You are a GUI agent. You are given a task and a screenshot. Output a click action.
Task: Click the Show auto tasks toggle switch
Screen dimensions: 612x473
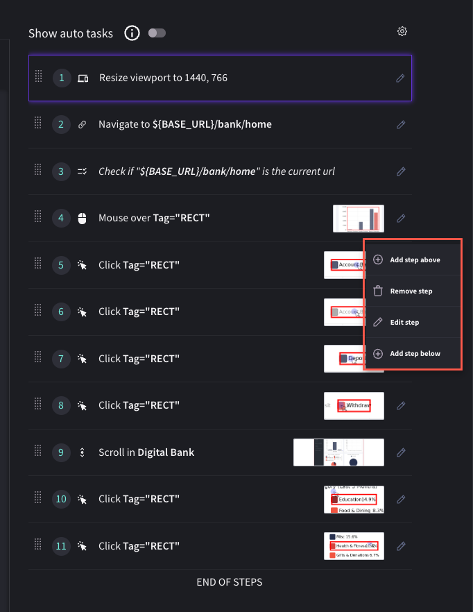click(x=157, y=33)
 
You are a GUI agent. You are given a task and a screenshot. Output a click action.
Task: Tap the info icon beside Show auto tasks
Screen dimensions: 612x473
click(x=132, y=33)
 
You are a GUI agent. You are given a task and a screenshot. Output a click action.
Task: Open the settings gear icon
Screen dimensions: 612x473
click(x=402, y=31)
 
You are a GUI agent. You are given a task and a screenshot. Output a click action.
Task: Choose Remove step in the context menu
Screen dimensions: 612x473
click(x=411, y=291)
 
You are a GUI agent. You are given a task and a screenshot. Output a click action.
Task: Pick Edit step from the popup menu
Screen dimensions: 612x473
click(x=404, y=322)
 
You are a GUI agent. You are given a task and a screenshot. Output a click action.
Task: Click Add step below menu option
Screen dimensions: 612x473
click(x=414, y=353)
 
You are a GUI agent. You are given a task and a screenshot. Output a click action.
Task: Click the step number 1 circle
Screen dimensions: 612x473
click(x=61, y=78)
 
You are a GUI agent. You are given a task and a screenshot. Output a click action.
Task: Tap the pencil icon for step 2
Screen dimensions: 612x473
click(x=400, y=125)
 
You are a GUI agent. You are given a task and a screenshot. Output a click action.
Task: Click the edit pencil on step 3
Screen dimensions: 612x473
click(x=400, y=171)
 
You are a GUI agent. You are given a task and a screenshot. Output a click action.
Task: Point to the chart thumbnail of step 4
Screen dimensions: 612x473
click(x=358, y=218)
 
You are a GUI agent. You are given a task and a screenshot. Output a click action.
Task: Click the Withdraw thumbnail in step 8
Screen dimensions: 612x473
click(x=354, y=405)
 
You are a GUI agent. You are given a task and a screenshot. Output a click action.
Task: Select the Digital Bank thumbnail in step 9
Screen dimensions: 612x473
click(x=338, y=452)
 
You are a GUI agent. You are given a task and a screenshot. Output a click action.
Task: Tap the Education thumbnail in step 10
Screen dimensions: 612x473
click(x=354, y=499)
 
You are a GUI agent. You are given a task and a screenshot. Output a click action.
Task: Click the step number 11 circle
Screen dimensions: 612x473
click(x=61, y=546)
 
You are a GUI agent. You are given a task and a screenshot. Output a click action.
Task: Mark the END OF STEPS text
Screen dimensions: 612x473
click(x=230, y=582)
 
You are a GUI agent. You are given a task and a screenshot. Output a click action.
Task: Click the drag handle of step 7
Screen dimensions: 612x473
click(x=38, y=357)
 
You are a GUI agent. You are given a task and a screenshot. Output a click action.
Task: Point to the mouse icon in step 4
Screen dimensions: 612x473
click(x=83, y=218)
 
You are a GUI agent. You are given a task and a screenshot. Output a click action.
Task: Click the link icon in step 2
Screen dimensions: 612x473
click(x=83, y=125)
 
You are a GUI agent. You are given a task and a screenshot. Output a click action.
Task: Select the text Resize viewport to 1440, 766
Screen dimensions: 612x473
click(x=163, y=78)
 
